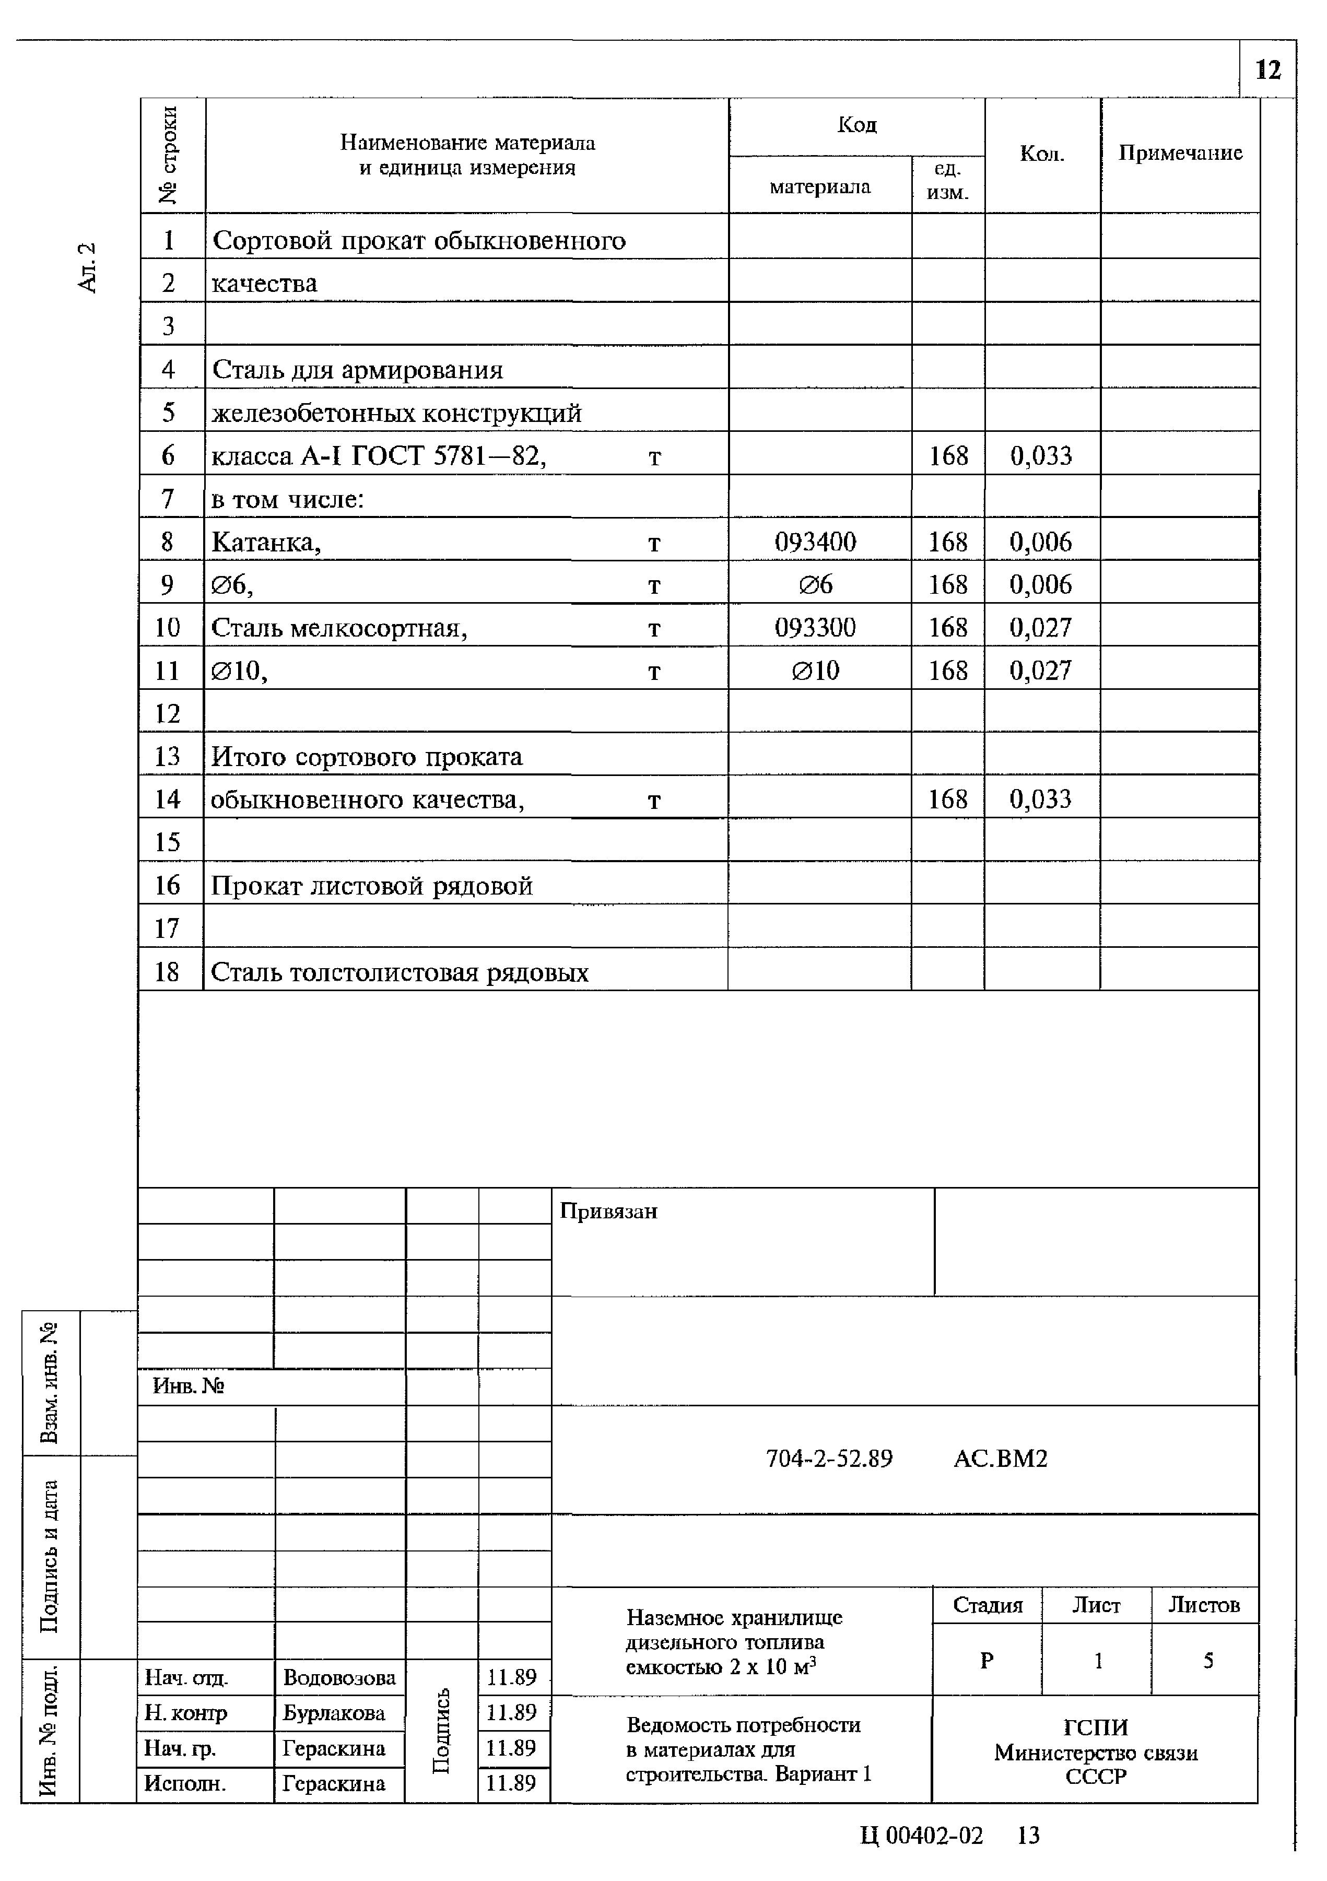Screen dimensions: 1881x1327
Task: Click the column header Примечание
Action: (x=1180, y=153)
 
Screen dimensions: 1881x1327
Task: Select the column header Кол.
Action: (x=1041, y=154)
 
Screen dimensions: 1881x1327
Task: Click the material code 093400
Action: (x=815, y=542)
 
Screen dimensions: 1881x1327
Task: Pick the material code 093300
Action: (x=815, y=628)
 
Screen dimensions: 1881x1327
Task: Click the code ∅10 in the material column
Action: (x=815, y=671)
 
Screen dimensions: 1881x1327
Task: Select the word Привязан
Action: (x=608, y=1211)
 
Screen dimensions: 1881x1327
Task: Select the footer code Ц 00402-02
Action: (x=922, y=1835)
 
